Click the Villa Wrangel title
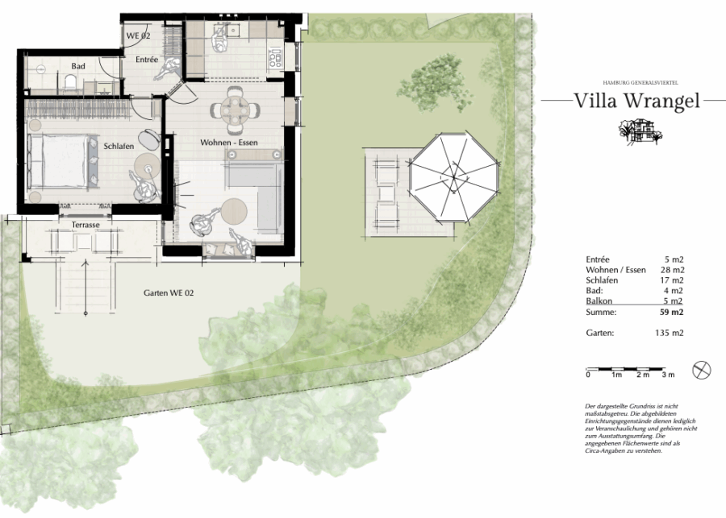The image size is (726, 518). click(636, 102)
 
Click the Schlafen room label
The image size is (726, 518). click(119, 146)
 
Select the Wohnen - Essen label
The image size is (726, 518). click(229, 143)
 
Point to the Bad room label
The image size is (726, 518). click(78, 66)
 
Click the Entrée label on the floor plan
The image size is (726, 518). click(147, 60)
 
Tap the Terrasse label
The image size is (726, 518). click(86, 225)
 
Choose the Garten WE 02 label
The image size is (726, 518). click(169, 292)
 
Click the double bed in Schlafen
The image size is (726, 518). click(62, 161)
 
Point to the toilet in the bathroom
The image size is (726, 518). click(70, 83)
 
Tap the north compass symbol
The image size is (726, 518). click(702, 370)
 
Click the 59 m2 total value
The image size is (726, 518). click(671, 313)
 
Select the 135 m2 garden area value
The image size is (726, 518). click(669, 333)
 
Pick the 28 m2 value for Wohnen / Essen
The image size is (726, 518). click(672, 270)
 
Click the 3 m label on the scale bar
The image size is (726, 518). click(668, 375)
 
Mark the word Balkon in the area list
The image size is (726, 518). click(599, 301)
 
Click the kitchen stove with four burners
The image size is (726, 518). click(275, 59)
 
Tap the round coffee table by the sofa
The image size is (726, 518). click(234, 211)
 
